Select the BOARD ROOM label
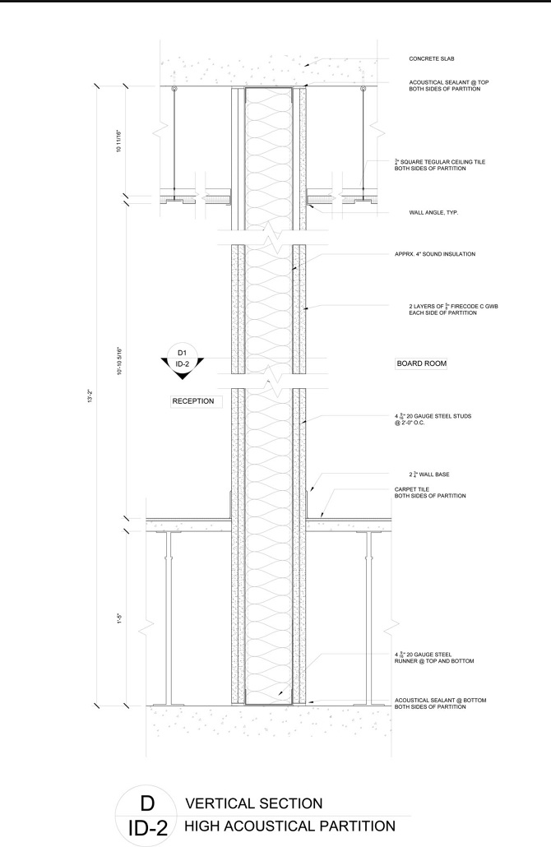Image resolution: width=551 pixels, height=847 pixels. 422,363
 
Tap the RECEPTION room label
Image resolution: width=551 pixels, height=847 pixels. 193,401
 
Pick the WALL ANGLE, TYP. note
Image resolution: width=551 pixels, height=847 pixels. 433,212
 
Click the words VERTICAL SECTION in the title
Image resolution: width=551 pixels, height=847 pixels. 254,803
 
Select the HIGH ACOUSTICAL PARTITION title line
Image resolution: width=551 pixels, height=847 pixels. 290,826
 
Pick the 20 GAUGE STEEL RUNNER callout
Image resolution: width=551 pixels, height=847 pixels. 433,657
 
